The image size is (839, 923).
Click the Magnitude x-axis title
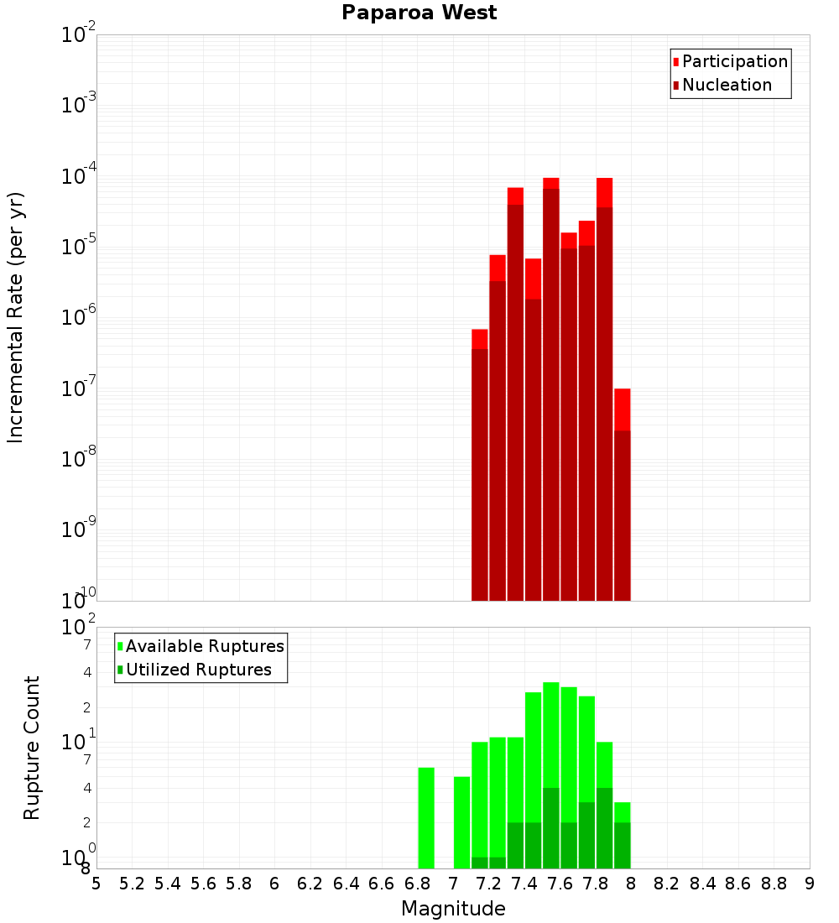pos(453,909)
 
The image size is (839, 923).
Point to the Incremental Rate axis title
pos(16,317)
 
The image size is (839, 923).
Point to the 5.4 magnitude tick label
pos(168,884)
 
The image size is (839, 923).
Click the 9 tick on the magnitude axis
pos(810,884)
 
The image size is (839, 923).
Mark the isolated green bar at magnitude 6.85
pos(426,818)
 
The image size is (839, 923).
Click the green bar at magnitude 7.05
pos(461,822)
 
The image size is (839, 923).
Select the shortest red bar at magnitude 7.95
pos(622,503)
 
